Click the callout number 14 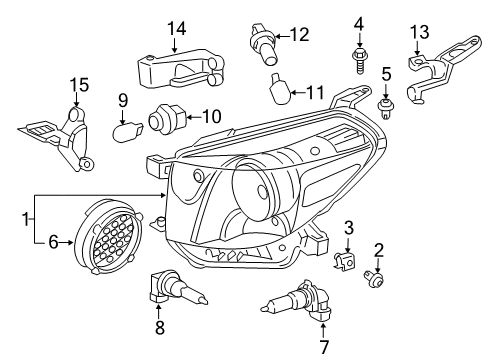(177, 29)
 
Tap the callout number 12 (299, 35)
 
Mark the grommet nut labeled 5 (383, 104)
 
